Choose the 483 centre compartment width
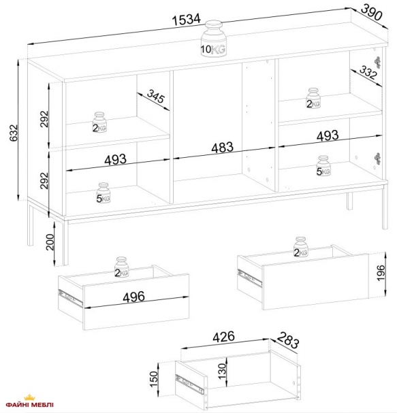(x=222, y=147)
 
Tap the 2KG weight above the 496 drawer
(x=122, y=268)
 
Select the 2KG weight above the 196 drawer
(x=301, y=248)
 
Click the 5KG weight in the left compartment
(x=103, y=194)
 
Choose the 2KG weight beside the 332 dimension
(x=313, y=99)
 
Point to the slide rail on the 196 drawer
(x=249, y=277)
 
